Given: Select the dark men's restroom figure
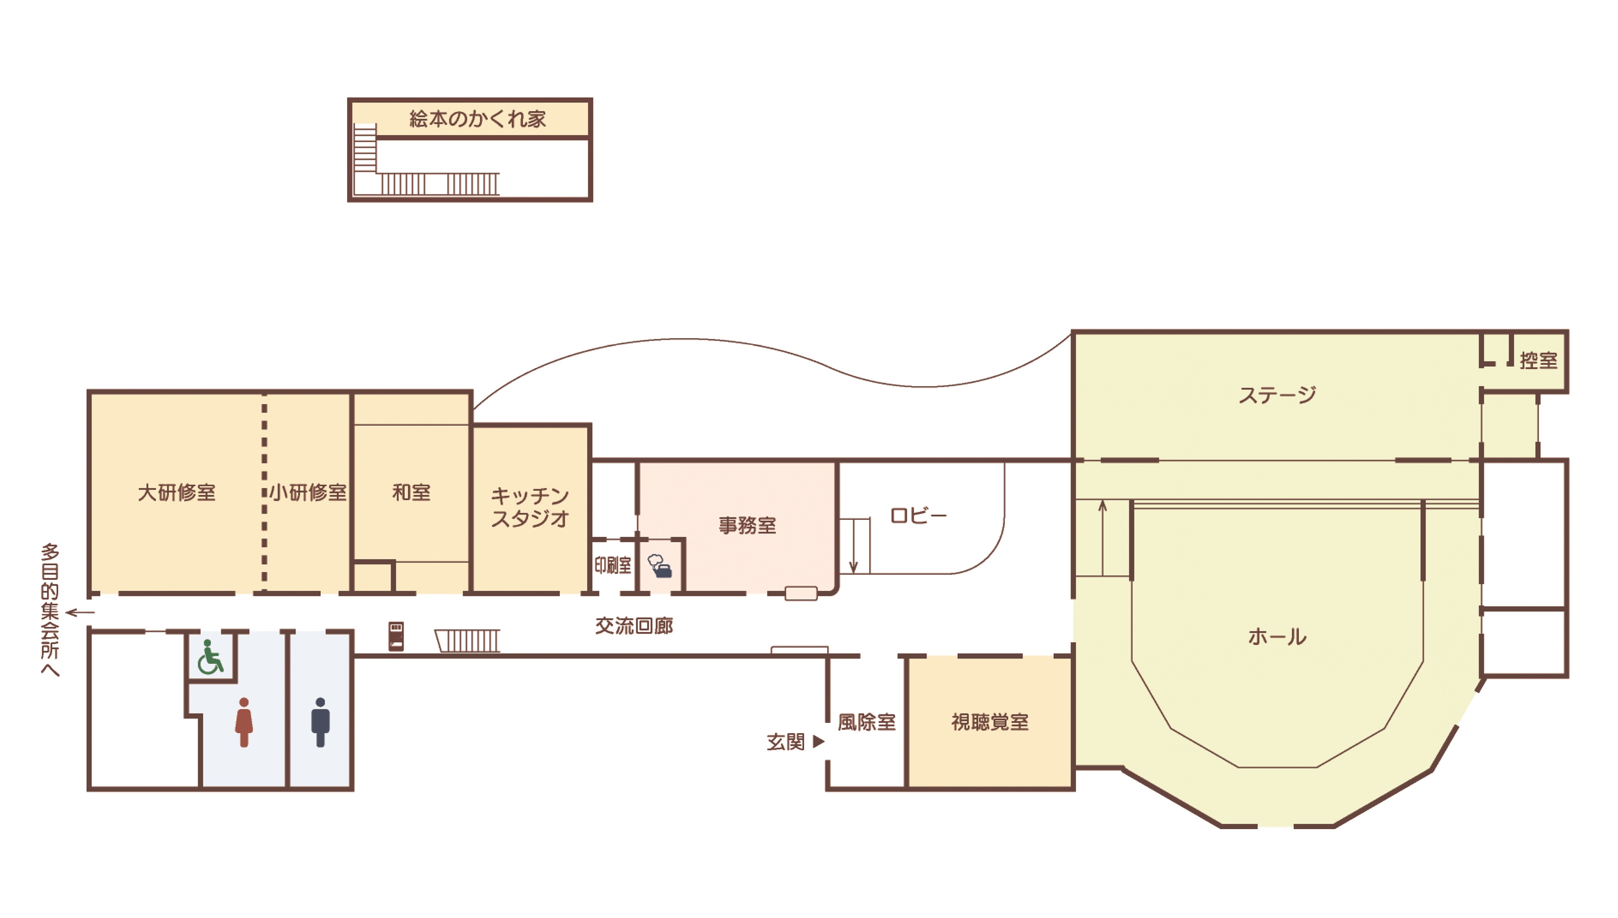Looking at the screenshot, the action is coord(321,722).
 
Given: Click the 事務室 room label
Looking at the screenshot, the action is coord(748,525).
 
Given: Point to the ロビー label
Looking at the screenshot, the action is coord(918,516).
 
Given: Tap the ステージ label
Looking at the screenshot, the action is coord(1277,395).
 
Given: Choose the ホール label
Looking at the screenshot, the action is coord(1277,637).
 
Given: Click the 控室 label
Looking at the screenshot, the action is coord(1539,361).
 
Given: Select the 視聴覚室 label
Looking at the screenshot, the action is coord(990,722).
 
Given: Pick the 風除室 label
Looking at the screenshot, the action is coord(867,722).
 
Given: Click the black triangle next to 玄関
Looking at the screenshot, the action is coord(819,741).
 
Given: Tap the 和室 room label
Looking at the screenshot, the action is coord(411,493).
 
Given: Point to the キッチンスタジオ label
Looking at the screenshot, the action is coord(530,507).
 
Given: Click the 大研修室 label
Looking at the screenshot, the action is coord(177,493).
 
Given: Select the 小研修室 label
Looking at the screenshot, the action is coord(308,493).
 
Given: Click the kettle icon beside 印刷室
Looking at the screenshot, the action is coord(660,566).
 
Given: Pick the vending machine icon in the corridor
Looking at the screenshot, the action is coord(396,636).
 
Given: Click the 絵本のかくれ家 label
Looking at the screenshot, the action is coord(478,119).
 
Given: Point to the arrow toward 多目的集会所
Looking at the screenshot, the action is coord(80,612).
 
